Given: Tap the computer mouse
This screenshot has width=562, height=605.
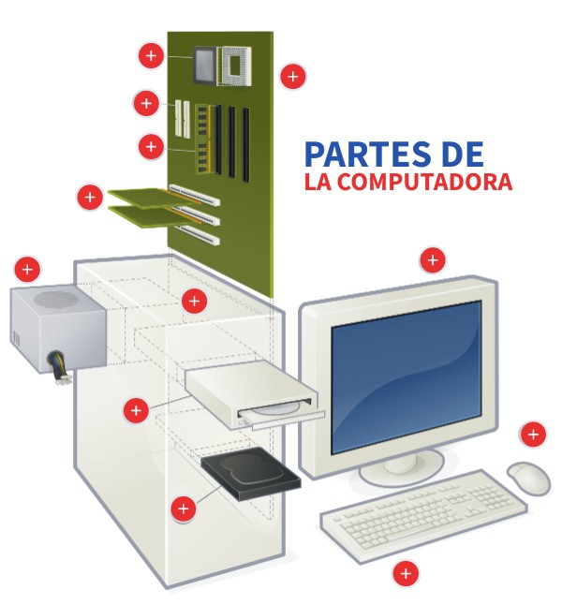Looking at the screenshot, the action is point(528,478).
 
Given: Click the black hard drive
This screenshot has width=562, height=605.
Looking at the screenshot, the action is point(251,474).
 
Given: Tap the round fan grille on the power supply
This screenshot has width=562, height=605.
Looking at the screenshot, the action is point(56,299).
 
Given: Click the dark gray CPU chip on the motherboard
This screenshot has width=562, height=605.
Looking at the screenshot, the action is point(204,65).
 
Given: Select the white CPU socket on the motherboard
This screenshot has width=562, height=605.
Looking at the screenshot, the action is point(234,66).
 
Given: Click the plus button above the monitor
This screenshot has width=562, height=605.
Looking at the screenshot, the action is point(433,260).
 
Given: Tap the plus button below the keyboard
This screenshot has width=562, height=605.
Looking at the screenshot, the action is point(406,573).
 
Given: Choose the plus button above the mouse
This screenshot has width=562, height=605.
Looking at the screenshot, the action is point(534,435).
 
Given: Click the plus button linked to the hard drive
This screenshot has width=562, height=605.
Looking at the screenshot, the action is point(184,509).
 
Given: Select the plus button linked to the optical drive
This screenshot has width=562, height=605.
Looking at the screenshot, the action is point(136,410).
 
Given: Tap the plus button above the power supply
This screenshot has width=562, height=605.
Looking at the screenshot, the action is point(27,269).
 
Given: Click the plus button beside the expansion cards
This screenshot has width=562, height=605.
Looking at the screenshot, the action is point(90,198).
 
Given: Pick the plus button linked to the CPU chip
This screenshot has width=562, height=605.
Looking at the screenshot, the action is point(151,55).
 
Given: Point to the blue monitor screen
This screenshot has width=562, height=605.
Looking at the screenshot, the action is point(407,376).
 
